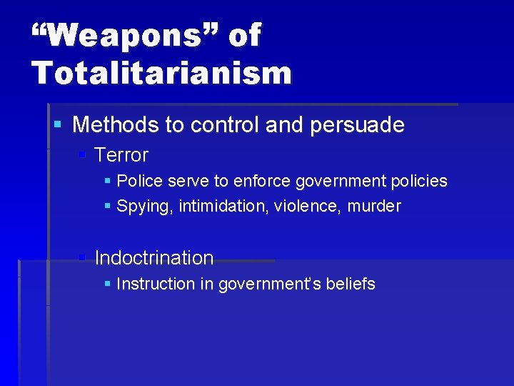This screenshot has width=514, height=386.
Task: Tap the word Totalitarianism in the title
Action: (x=161, y=72)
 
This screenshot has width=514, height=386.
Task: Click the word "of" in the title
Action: (x=244, y=35)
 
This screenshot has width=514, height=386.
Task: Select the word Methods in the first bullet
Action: (x=116, y=125)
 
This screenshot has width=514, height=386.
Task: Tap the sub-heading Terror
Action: (x=121, y=154)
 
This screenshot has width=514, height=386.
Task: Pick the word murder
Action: (x=375, y=207)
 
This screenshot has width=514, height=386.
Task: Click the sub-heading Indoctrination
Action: (x=154, y=257)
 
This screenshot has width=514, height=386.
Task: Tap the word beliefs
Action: (x=350, y=284)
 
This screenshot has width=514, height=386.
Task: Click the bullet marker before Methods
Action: (x=58, y=125)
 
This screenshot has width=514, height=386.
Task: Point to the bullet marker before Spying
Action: (x=107, y=207)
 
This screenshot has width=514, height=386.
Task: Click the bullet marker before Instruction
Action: (x=107, y=284)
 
